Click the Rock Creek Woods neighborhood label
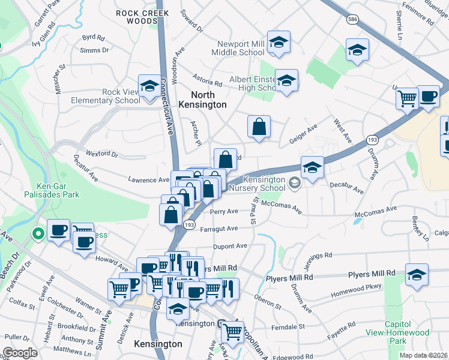point(136,16)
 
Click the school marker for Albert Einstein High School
point(286,80)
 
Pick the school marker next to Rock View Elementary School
point(149,86)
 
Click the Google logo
point(20,353)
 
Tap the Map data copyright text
point(424,355)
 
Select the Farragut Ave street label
point(224,229)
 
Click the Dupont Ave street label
point(231,246)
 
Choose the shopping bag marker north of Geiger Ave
point(259,127)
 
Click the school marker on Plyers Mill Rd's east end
point(417,275)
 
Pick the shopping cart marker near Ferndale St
point(232,331)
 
